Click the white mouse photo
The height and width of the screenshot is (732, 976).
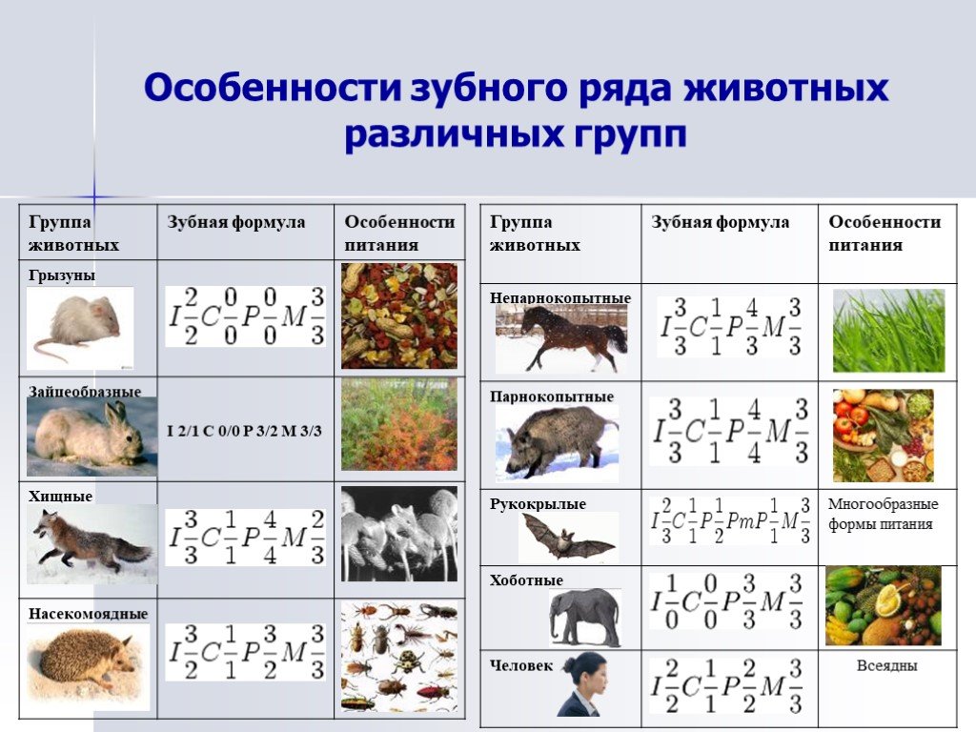[x=80, y=328]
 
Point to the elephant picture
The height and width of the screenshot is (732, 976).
[x=585, y=617]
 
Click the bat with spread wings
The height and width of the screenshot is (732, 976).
[x=568, y=537]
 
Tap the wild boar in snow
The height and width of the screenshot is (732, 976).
[x=557, y=443]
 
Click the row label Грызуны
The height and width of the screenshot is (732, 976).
[x=62, y=275]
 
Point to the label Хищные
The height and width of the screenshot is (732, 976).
[x=60, y=496]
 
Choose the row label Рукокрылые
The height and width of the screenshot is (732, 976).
[x=538, y=503]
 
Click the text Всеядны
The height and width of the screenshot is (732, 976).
[x=887, y=665]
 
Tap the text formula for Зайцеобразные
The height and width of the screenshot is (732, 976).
[x=244, y=431]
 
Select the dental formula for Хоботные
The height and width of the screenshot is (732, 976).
[x=726, y=601]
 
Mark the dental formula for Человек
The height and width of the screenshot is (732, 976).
[x=726, y=686]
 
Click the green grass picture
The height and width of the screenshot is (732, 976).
[x=888, y=331]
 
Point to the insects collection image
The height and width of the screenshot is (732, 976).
[x=399, y=657]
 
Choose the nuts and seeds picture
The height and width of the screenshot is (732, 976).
[x=399, y=315]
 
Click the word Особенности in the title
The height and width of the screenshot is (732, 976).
[x=272, y=87]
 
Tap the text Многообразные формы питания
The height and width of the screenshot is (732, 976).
[x=883, y=514]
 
